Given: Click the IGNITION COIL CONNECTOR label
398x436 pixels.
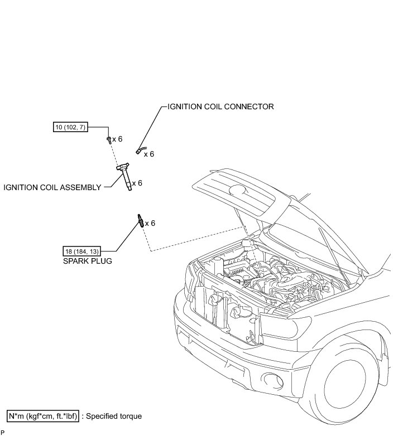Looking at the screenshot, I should [220, 106].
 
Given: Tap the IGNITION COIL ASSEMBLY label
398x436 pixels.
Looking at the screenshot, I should [52, 187].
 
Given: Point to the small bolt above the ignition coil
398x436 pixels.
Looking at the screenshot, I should [108, 139].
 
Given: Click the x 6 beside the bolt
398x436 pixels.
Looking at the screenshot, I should [117, 139].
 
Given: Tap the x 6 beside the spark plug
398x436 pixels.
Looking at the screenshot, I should [150, 223].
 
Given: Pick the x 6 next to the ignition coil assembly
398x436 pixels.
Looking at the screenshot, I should [137, 183].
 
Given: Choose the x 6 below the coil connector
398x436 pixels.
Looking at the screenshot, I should [148, 154].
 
